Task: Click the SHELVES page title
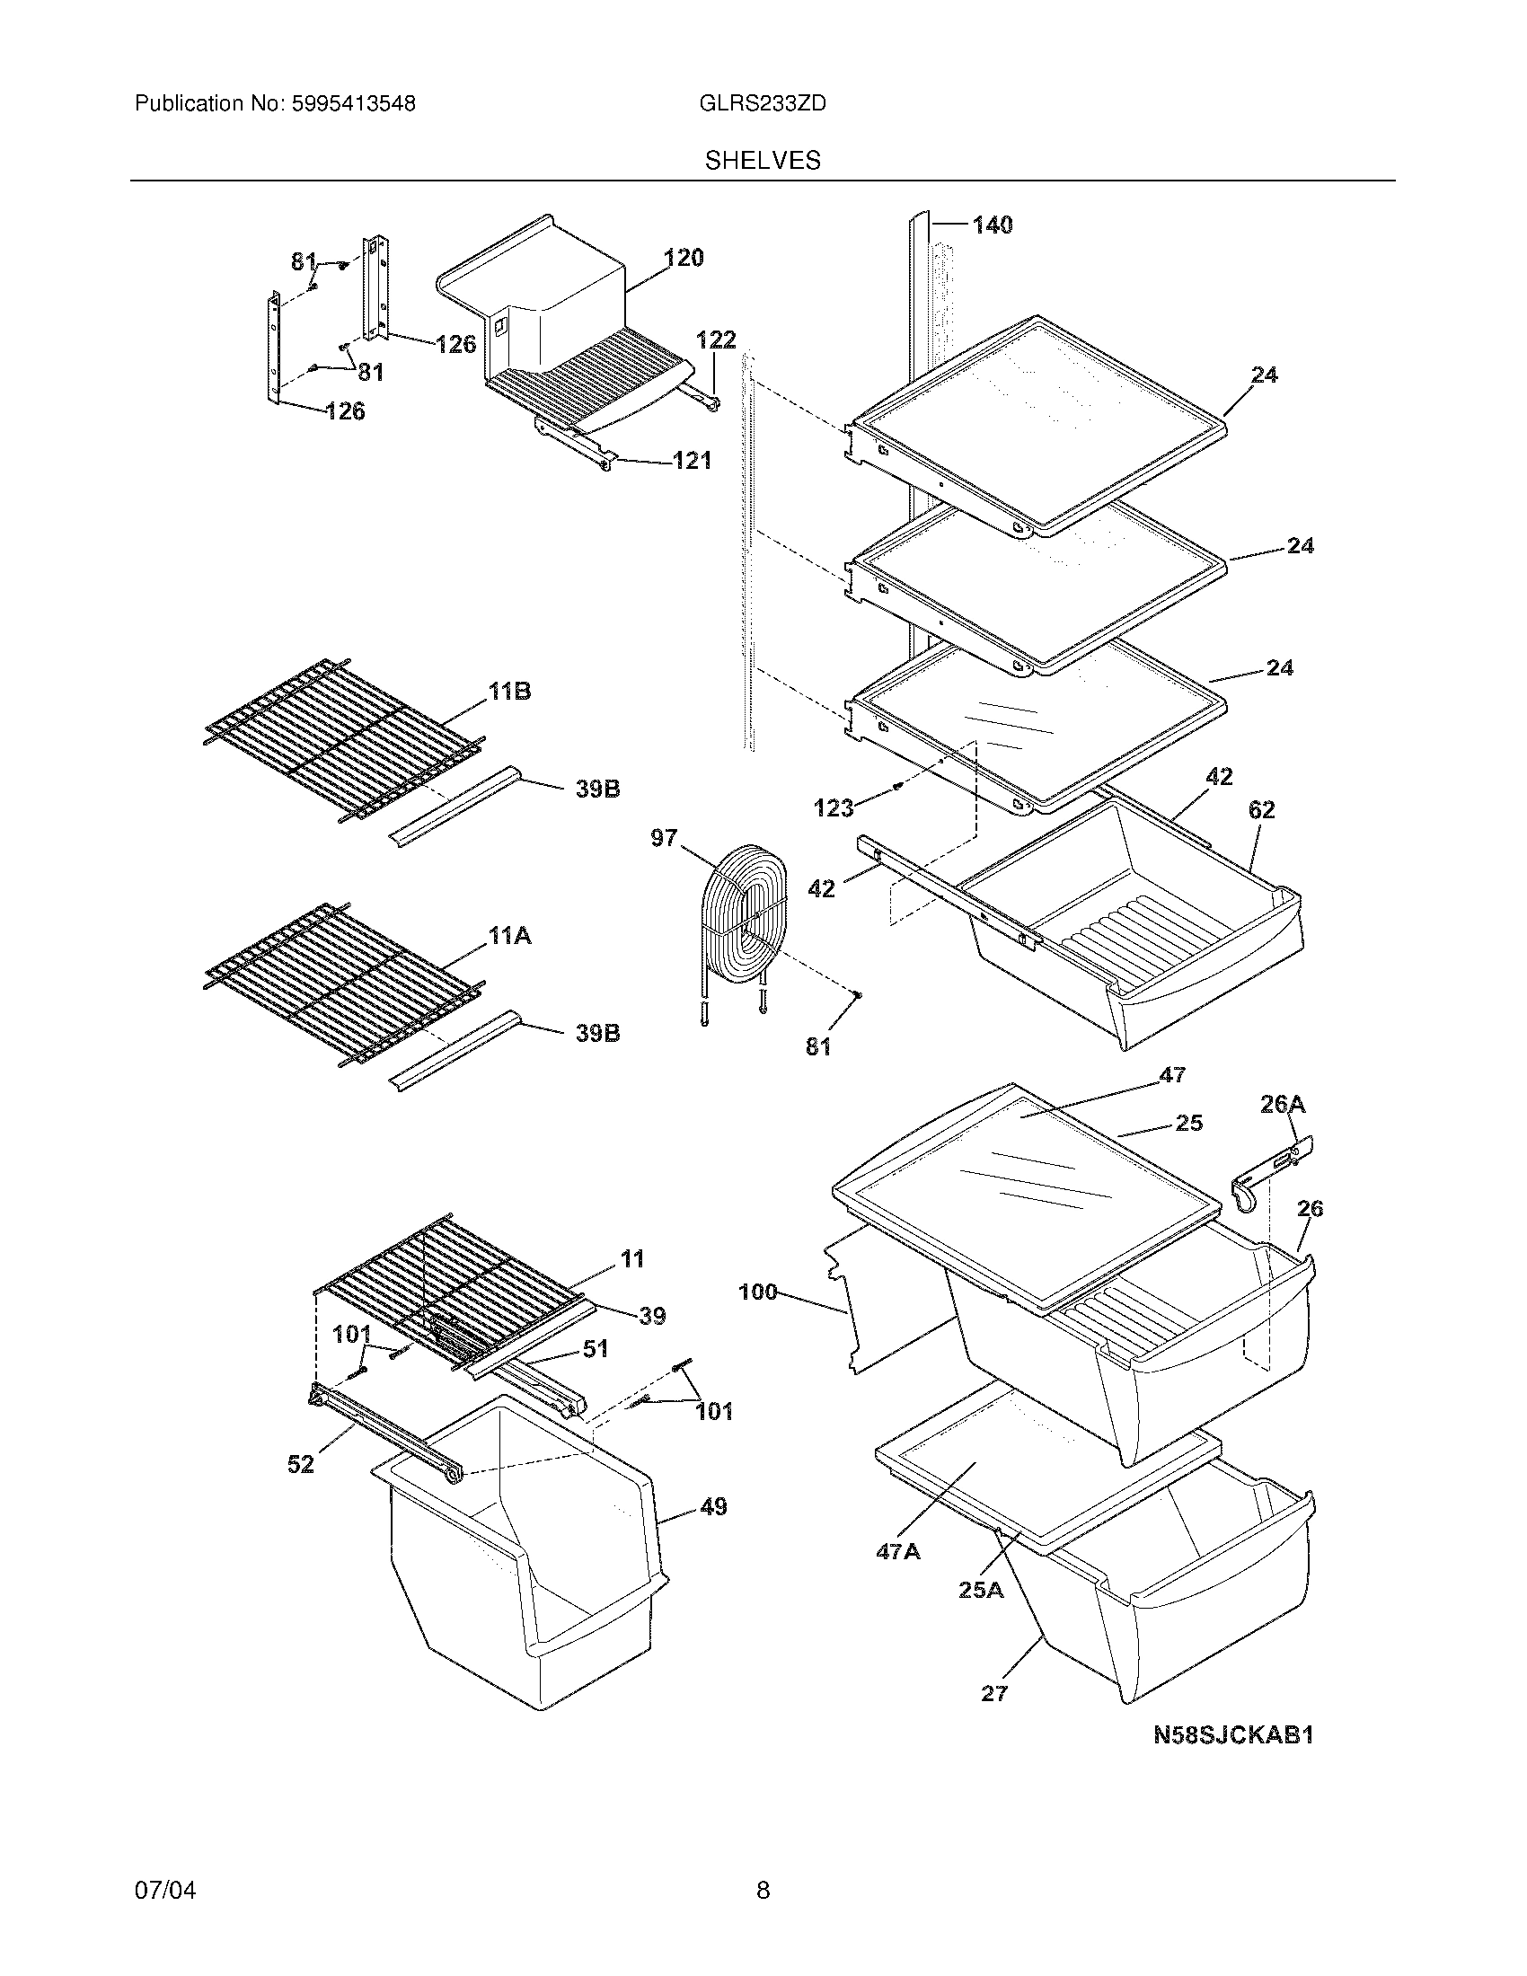point(763,160)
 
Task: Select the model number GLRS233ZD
point(763,104)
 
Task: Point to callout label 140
point(993,225)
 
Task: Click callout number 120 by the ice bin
point(684,258)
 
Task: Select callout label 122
point(716,340)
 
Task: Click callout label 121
point(692,461)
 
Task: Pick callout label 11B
point(509,692)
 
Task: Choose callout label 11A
point(509,936)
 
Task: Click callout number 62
point(1261,810)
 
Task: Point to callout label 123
point(834,808)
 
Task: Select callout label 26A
point(1283,1104)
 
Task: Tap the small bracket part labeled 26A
point(1271,1176)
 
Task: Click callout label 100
point(758,1292)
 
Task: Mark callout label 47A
point(897,1552)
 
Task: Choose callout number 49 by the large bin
point(713,1506)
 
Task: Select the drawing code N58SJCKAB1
point(1233,1734)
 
